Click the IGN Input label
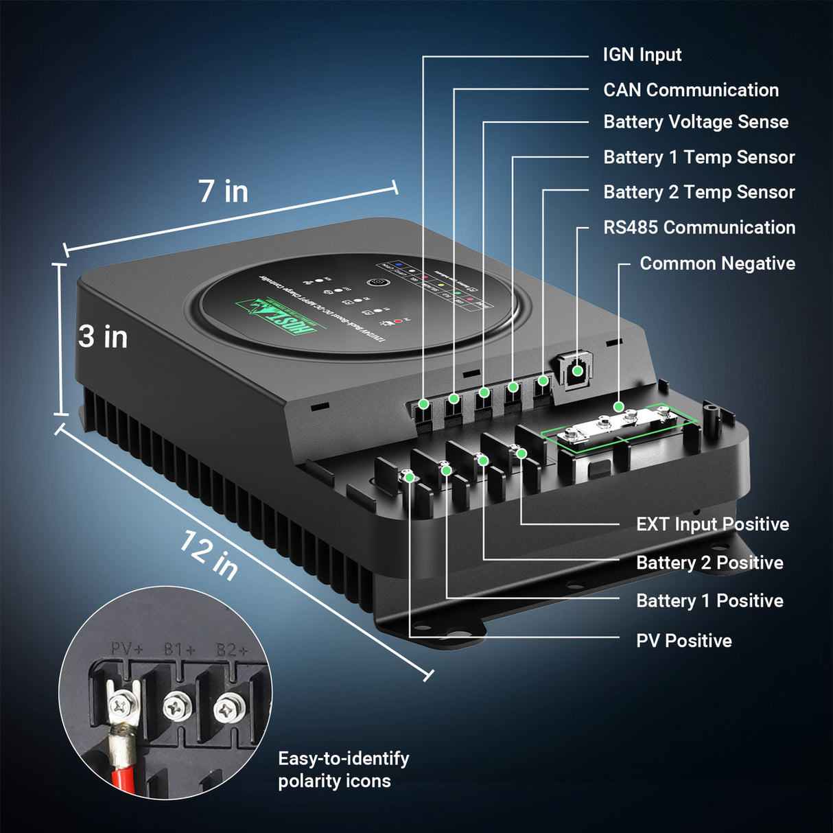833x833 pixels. tap(642, 55)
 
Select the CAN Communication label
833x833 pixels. tap(690, 90)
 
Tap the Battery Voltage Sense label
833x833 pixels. tap(695, 122)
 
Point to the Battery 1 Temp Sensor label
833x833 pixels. tap(699, 157)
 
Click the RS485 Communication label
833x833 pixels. tap(699, 228)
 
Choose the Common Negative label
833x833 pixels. tap(717, 263)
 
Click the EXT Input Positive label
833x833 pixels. tap(712, 524)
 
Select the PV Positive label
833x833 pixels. tap(683, 641)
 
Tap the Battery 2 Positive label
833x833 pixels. tap(709, 563)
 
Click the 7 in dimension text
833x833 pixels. tap(223, 191)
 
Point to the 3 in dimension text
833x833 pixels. tap(103, 337)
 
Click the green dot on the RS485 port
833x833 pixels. tap(578, 371)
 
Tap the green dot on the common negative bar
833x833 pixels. tap(619, 407)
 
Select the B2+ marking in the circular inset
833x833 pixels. tap(232, 650)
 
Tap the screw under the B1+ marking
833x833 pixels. tap(177, 708)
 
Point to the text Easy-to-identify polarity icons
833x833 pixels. tap(343, 769)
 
